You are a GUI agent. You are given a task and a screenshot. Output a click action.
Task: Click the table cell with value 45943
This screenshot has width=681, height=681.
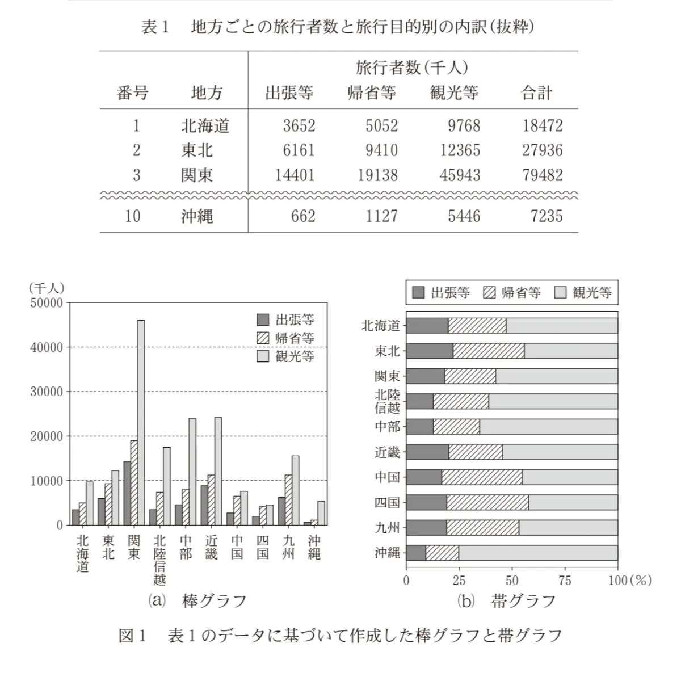point(460,175)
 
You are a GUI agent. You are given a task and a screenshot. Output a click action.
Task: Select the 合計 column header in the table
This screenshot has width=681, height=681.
point(536,93)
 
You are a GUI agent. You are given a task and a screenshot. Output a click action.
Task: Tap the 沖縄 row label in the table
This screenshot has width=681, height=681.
point(197,216)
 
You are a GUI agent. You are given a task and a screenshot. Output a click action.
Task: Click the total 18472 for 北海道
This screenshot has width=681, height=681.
point(542,125)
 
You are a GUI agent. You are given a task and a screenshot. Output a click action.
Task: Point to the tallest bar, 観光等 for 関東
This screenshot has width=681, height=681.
point(141,422)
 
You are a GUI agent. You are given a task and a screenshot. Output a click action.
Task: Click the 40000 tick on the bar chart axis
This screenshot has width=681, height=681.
point(47,347)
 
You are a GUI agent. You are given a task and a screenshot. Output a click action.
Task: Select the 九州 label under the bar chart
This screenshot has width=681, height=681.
point(288,547)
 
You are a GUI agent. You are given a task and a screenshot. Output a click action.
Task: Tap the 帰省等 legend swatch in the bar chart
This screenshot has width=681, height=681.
point(263,338)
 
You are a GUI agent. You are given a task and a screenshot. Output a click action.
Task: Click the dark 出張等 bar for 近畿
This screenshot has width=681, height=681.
point(204,505)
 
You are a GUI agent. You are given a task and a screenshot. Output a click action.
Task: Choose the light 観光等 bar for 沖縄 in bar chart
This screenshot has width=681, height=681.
point(321,513)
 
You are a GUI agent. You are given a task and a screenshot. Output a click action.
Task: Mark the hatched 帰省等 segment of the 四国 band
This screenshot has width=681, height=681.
point(487,503)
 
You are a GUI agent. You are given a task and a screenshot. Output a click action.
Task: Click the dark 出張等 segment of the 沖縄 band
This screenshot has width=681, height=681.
point(416,553)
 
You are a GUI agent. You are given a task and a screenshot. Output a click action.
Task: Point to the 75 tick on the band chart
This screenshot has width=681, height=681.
point(565,580)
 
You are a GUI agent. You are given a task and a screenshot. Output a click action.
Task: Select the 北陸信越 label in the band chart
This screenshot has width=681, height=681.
point(388,401)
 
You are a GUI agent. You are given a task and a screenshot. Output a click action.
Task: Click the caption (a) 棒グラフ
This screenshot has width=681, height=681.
point(197,601)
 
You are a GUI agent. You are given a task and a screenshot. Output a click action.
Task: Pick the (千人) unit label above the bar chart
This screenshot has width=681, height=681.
point(47,288)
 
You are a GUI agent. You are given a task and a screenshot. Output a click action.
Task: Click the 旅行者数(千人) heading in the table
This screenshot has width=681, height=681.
point(412,68)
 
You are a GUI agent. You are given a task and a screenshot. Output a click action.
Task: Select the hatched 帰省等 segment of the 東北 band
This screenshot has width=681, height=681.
point(489,351)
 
